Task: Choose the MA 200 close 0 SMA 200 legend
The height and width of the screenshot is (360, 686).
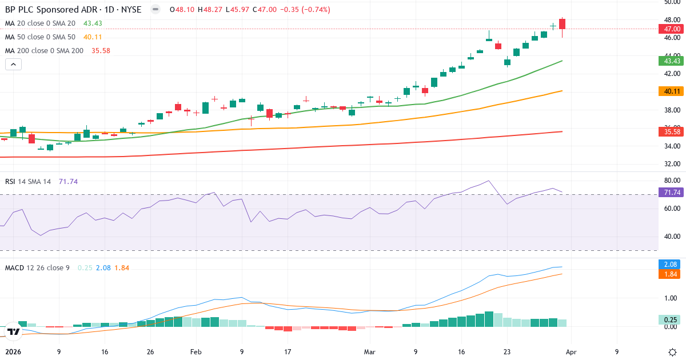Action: click(x=44, y=50)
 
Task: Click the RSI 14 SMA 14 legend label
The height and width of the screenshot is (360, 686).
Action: click(x=28, y=181)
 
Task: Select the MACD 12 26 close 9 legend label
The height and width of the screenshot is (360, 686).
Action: click(x=38, y=267)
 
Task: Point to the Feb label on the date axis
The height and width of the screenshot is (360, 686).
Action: click(x=196, y=352)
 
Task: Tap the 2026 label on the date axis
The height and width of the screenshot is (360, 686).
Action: click(x=12, y=352)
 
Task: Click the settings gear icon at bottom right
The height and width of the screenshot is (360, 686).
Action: click(x=672, y=352)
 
